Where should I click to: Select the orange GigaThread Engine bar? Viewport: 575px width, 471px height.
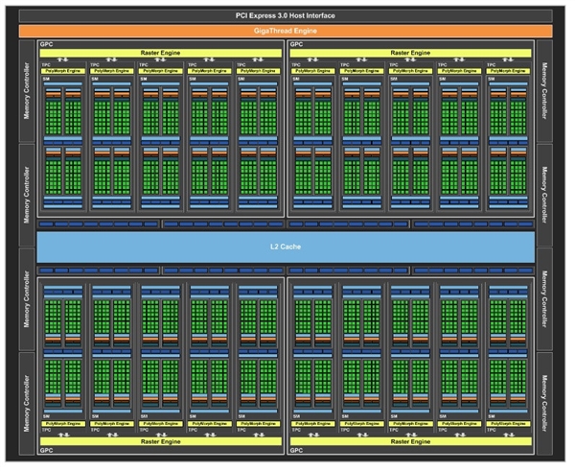(287, 31)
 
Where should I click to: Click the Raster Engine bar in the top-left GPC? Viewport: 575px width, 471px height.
(161, 53)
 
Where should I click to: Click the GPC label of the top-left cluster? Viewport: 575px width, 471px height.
(46, 44)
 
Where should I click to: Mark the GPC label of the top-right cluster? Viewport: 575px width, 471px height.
(296, 44)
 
